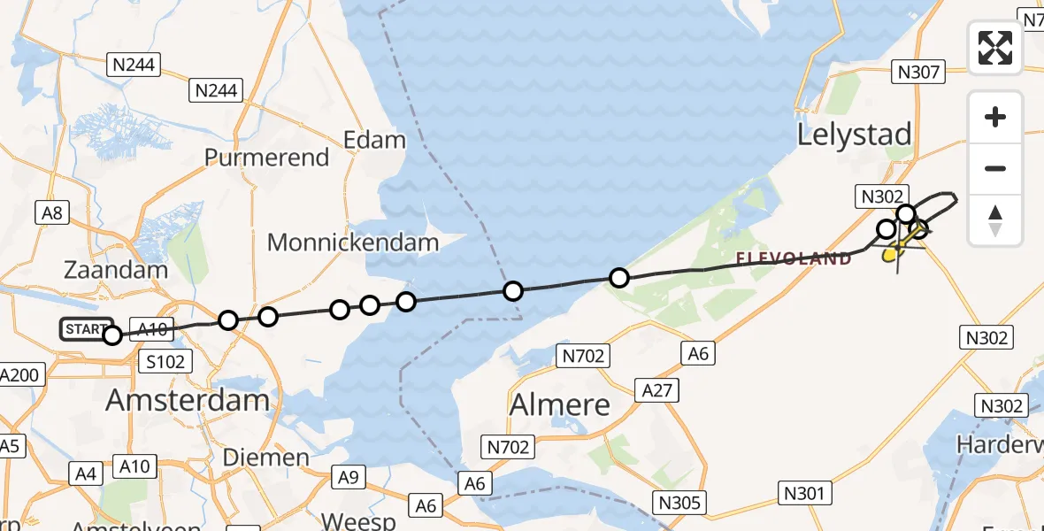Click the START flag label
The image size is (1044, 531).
[85, 330]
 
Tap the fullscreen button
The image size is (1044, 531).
[995, 48]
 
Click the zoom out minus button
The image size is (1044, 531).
[995, 168]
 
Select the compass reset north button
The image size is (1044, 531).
[995, 220]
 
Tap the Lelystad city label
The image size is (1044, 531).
[854, 135]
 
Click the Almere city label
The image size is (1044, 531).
[561, 404]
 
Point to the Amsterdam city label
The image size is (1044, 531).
[188, 400]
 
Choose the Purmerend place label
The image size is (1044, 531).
[266, 158]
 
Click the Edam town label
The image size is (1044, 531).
[374, 140]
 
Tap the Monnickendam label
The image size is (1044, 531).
[353, 242]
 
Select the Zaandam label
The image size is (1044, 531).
[116, 270]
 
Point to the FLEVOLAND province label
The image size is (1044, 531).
[795, 258]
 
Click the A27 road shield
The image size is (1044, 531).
[657, 389]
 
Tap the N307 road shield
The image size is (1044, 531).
[919, 72]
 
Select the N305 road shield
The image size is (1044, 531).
[679, 504]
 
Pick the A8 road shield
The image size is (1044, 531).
[51, 212]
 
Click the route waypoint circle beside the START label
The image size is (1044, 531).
[112, 335]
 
